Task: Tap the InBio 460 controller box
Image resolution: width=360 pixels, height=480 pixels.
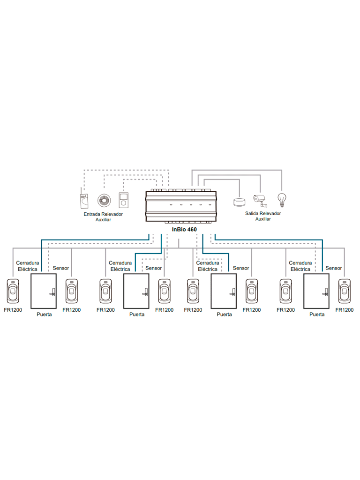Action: click(x=181, y=206)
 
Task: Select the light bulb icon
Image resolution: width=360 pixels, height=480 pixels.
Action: click(x=281, y=199)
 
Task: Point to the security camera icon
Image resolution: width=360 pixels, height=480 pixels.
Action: click(x=260, y=200)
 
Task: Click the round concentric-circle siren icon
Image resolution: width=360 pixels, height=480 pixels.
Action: click(x=104, y=200)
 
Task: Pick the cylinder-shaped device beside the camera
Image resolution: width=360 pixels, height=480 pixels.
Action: click(x=239, y=202)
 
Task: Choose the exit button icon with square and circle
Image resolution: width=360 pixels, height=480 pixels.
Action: click(x=123, y=201)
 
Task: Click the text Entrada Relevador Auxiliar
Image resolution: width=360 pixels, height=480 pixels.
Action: click(x=103, y=217)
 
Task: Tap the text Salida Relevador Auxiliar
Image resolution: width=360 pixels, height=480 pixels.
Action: click(x=263, y=216)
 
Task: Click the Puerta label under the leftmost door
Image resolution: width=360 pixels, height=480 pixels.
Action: click(x=44, y=315)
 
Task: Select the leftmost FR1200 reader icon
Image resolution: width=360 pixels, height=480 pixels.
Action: click(x=13, y=291)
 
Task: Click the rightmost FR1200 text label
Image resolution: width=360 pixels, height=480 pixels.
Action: click(x=345, y=310)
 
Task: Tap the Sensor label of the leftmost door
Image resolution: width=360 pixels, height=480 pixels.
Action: click(x=61, y=268)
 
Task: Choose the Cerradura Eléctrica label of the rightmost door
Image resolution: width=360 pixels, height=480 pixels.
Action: click(x=300, y=266)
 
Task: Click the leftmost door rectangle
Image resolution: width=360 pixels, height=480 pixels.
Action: click(x=44, y=291)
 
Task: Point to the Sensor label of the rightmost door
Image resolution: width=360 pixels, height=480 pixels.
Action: click(x=334, y=268)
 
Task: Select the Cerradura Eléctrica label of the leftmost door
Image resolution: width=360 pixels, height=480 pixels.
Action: click(x=27, y=266)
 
